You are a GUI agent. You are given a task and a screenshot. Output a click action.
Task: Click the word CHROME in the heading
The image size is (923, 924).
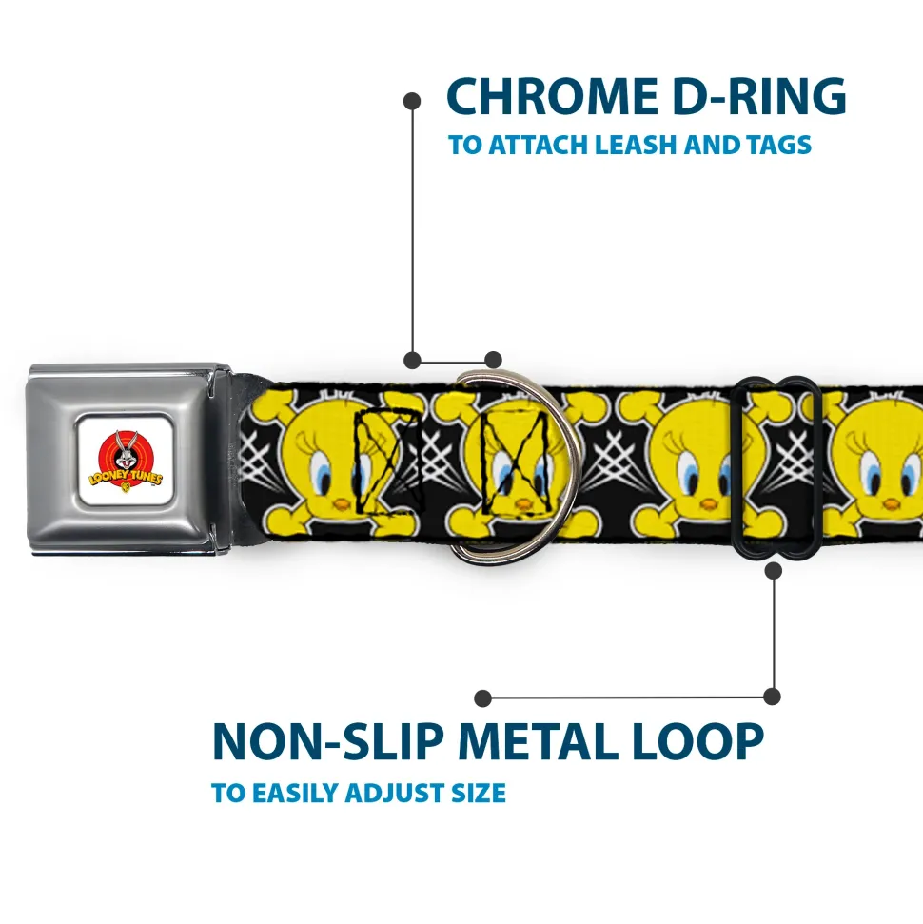pyautogui.click(x=552, y=96)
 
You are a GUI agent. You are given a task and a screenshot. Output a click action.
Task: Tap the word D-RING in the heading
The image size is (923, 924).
pyautogui.click(x=759, y=96)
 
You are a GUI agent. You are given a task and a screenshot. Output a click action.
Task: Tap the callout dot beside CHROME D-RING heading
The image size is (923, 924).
pyautogui.click(x=412, y=101)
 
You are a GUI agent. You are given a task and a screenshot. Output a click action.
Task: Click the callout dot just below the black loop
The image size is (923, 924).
pyautogui.click(x=774, y=570)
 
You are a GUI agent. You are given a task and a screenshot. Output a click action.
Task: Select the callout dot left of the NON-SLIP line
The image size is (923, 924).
pyautogui.click(x=482, y=698)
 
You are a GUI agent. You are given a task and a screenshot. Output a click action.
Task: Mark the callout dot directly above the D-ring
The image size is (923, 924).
pyautogui.click(x=493, y=360)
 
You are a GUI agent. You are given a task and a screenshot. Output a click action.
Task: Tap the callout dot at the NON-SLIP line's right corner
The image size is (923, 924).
pyautogui.click(x=772, y=697)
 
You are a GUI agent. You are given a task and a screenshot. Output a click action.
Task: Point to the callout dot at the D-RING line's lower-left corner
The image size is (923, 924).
pyautogui.click(x=412, y=360)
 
